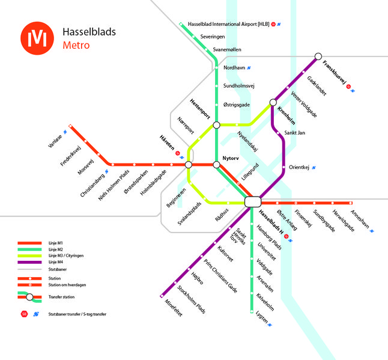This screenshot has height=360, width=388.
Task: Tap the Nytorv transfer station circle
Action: pos(216,164)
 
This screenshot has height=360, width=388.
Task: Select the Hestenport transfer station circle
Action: pos(216,125)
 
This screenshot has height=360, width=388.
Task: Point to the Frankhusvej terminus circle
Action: pos(318,57)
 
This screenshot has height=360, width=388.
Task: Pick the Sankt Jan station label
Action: pos(295,132)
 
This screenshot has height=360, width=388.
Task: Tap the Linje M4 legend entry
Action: pos(55,263)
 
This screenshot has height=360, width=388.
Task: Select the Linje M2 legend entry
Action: pos(55,249)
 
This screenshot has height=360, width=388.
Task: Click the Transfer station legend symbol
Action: pos(30,297)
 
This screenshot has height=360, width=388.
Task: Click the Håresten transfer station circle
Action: pos(189,164)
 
